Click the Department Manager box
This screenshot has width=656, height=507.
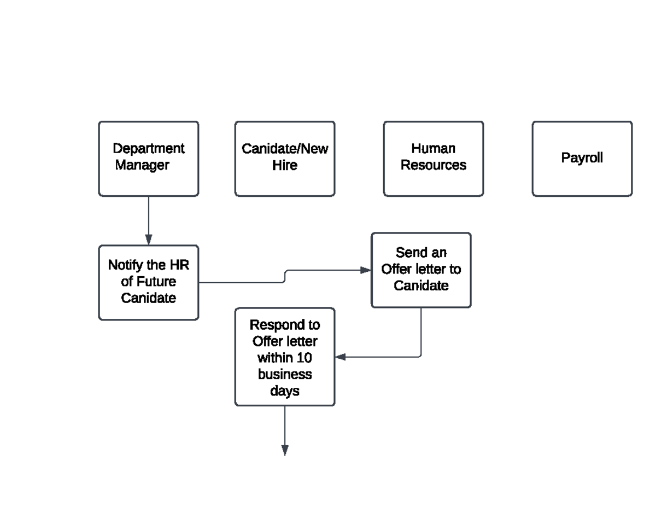click(148, 159)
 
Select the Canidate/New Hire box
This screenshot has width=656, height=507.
click(284, 159)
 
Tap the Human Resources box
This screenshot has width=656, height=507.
click(433, 159)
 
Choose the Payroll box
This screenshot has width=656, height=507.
click(582, 159)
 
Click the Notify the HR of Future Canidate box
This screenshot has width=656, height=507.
click(148, 282)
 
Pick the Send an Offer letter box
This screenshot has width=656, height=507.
click(421, 270)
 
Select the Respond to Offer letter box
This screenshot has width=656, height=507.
click(284, 357)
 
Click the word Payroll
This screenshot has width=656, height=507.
click(582, 158)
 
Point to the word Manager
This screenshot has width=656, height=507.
click(142, 165)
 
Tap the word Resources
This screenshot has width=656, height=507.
click(433, 165)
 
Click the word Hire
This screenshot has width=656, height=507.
click(284, 165)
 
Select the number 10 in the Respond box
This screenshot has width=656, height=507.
click(304, 358)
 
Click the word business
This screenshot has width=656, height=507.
click(284, 375)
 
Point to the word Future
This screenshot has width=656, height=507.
click(156, 282)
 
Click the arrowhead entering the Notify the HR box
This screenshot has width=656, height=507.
click(148, 240)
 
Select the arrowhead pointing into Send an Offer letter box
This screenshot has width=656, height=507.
click(365, 270)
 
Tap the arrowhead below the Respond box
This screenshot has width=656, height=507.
click(284, 450)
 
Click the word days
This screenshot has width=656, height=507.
click(284, 392)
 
